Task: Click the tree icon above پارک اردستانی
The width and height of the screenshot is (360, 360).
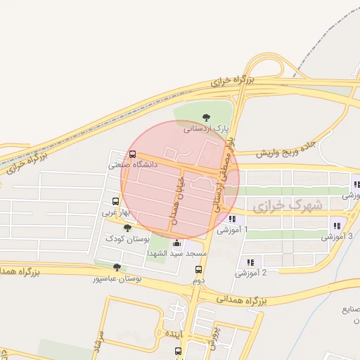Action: pyautogui.click(x=206, y=117)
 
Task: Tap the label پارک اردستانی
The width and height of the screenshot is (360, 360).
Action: pyautogui.click(x=207, y=129)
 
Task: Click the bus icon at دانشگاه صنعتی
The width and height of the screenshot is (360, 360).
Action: pyautogui.click(x=133, y=155)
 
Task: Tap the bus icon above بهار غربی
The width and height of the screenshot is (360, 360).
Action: pyautogui.click(x=116, y=200)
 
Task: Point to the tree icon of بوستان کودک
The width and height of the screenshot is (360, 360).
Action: pyautogui.click(x=127, y=228)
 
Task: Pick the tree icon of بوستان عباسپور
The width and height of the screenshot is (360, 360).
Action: pyautogui.click(x=117, y=268)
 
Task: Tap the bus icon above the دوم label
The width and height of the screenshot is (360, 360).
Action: pyautogui.click(x=198, y=269)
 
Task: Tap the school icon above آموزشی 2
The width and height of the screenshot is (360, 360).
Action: pyautogui.click(x=250, y=262)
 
